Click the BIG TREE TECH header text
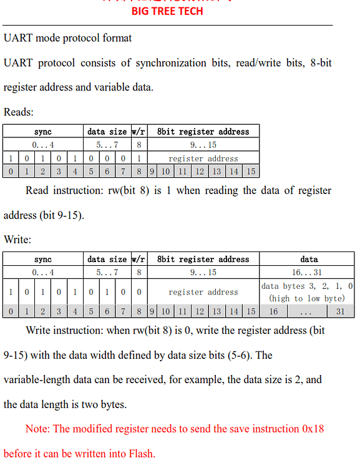(167, 11)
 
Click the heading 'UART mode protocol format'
(67, 38)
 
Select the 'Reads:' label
(19, 112)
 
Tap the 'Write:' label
(17, 239)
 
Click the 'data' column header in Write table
(308, 259)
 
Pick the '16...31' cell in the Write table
(308, 272)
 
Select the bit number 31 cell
(340, 311)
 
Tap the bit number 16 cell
(273, 311)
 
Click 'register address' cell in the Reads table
(203, 158)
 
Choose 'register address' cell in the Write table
(203, 291)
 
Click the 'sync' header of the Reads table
(43, 132)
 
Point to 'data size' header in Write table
(107, 259)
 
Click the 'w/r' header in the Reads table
(138, 132)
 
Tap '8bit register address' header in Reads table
(203, 132)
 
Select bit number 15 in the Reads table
(250, 171)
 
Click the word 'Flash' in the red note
(140, 454)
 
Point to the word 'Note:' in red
(38, 429)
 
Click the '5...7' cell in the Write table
(107, 272)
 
